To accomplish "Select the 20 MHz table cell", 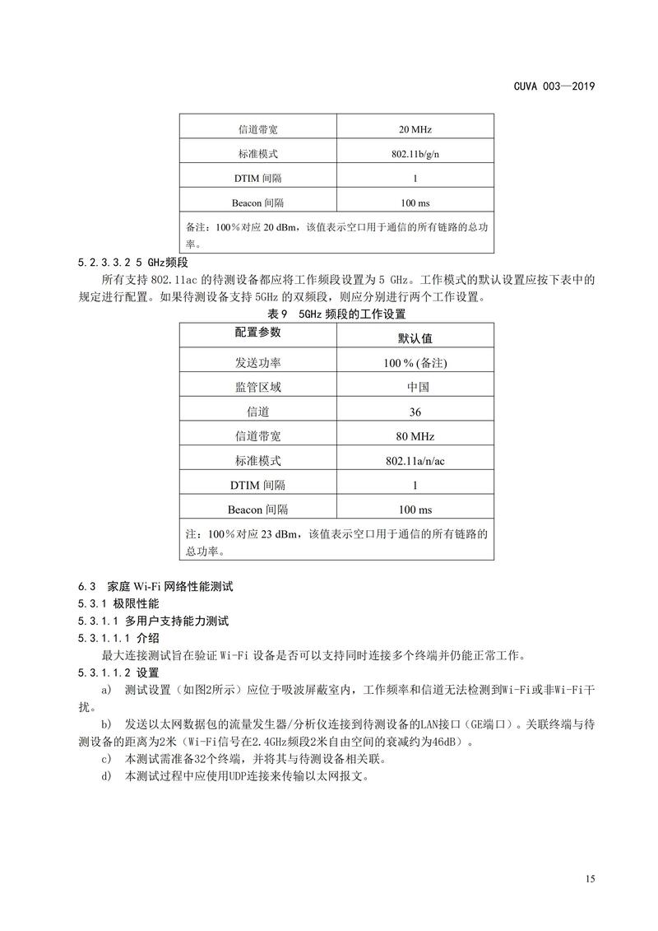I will pyautogui.click(x=415, y=129).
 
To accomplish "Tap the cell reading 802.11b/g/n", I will pyautogui.click(x=415, y=154).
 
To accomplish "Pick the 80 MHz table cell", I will pyautogui.click(x=415, y=436).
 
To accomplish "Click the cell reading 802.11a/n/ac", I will pyautogui.click(x=415, y=461).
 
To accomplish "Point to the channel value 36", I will pyautogui.click(x=415, y=412).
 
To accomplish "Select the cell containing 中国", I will pyautogui.click(x=415, y=387).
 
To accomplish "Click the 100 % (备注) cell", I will pyautogui.click(x=415, y=362).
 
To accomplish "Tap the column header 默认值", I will pyautogui.click(x=415, y=337).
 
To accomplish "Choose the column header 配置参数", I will pyautogui.click(x=257, y=333).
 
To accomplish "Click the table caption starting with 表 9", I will pyautogui.click(x=337, y=314).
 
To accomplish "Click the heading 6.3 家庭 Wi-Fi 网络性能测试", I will pyautogui.click(x=156, y=587).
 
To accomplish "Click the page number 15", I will pyautogui.click(x=590, y=880).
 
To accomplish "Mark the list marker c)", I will pyautogui.click(x=105, y=758).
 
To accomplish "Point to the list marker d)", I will pyautogui.click(x=105, y=775).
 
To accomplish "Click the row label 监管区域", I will pyautogui.click(x=257, y=387).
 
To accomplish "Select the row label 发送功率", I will pyautogui.click(x=257, y=362).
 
